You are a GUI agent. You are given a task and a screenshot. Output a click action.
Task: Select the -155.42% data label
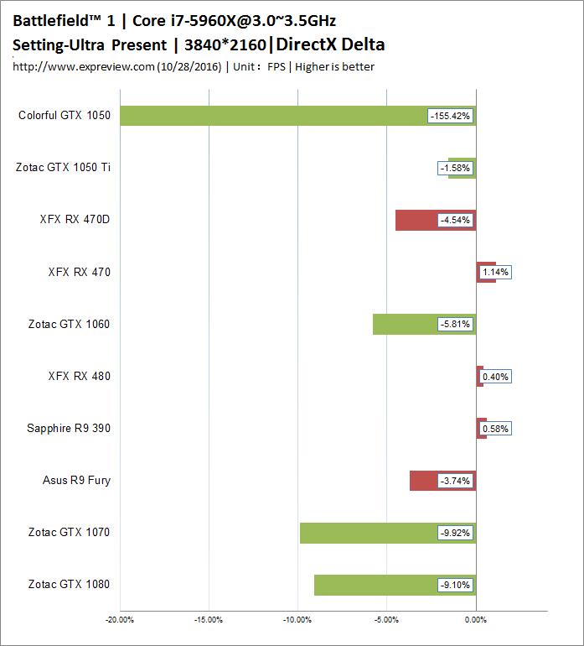click(451, 116)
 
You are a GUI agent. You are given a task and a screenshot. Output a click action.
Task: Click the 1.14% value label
click(495, 272)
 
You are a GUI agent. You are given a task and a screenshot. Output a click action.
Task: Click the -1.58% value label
click(455, 168)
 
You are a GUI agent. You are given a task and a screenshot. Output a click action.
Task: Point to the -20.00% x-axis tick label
click(120, 621)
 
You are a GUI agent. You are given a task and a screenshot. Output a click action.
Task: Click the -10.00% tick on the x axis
click(297, 621)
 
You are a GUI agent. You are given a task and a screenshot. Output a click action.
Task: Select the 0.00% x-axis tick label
click(476, 621)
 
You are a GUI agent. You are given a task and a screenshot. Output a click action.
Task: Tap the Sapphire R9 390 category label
click(69, 429)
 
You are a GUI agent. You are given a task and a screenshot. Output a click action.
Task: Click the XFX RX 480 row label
click(79, 377)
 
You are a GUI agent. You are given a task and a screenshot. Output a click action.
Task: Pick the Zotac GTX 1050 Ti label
click(63, 168)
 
